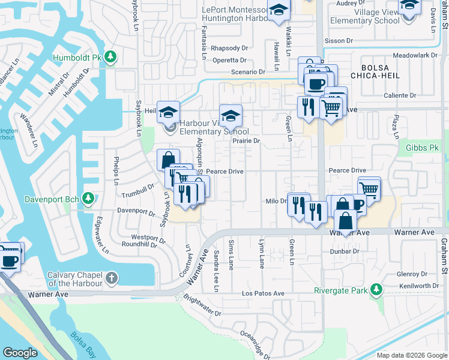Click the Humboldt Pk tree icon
(110, 57)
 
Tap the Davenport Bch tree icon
(88, 198)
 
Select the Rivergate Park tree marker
(376, 290)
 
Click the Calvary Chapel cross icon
(112, 278)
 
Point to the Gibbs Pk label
(423, 148)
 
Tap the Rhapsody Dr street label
(230, 48)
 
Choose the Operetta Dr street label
(228, 61)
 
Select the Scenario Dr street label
(248, 72)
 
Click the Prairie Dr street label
(246, 141)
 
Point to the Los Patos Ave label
(263, 293)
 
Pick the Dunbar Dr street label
(344, 251)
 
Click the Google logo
(20, 353)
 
